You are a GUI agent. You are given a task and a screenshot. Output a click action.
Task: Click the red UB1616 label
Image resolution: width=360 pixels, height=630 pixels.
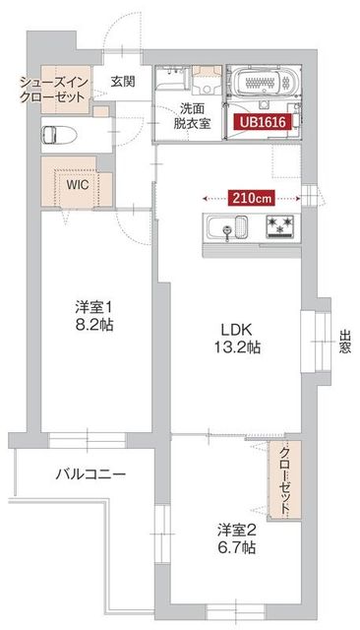[x=262, y=122]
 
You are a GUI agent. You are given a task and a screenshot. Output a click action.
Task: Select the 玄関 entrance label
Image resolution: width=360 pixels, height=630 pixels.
[x=123, y=81]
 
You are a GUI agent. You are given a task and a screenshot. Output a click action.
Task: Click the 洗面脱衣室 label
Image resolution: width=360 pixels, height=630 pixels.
[x=193, y=116]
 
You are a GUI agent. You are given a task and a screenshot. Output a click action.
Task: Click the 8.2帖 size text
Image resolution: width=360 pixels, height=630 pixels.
[x=94, y=325]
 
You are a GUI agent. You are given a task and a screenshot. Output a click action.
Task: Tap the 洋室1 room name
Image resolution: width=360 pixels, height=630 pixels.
[x=94, y=306]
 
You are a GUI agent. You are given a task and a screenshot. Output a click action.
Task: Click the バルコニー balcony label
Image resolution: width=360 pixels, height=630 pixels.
[x=90, y=474]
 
